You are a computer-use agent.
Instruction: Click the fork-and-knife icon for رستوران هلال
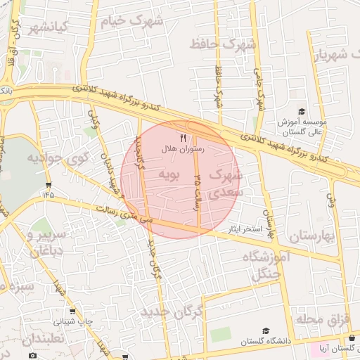click(x=184, y=138)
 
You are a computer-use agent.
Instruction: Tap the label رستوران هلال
click(x=184, y=149)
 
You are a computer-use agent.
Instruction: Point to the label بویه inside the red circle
click(x=171, y=173)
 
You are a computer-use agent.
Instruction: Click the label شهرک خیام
click(x=132, y=20)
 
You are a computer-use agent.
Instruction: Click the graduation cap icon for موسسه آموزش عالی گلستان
click(x=302, y=112)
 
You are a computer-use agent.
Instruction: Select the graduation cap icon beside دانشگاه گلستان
click(x=265, y=331)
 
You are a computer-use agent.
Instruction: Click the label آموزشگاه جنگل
click(x=266, y=266)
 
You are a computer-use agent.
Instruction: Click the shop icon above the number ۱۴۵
click(x=48, y=184)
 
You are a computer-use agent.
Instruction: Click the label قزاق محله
click(x=322, y=320)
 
